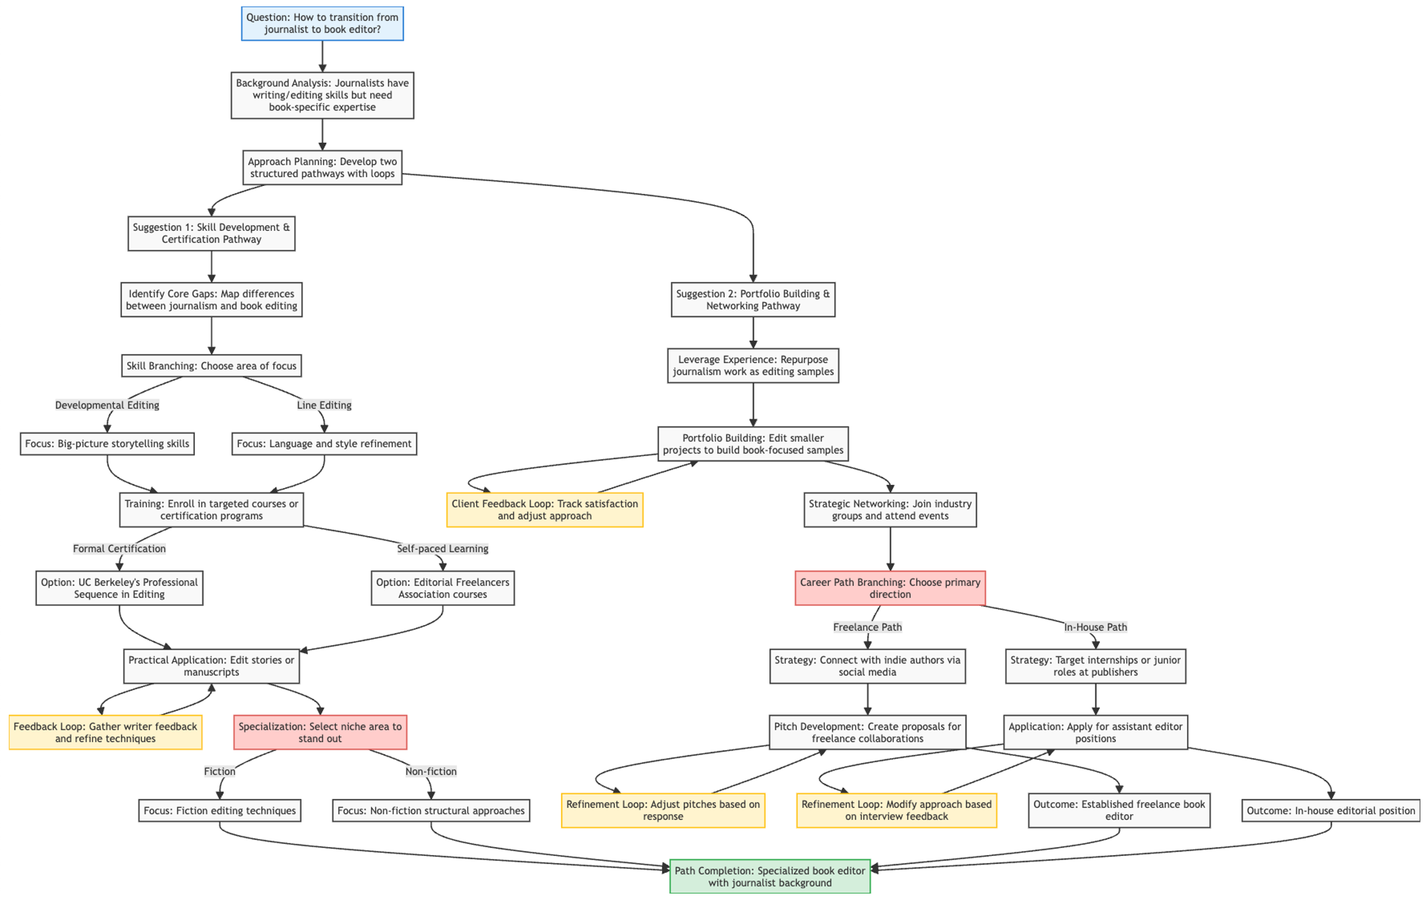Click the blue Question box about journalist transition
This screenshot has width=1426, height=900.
322,24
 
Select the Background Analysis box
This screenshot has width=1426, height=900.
322,95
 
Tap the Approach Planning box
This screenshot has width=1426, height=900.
322,167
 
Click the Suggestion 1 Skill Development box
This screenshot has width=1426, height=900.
211,233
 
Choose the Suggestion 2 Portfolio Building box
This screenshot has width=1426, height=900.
752,300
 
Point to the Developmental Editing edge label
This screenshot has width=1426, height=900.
107,405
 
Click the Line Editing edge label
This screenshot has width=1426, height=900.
324,405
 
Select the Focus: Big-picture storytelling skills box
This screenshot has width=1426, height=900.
107,443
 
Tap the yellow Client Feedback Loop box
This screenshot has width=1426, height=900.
544,510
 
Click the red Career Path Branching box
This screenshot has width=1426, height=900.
890,588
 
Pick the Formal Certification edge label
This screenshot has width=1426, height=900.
119,548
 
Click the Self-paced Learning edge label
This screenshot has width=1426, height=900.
442,548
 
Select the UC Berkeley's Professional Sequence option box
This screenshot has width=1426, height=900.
119,588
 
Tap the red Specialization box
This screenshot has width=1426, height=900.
320,733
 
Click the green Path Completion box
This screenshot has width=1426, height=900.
770,876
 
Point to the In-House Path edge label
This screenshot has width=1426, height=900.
1095,627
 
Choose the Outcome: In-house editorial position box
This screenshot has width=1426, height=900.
1331,810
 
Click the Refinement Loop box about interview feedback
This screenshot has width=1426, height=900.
896,810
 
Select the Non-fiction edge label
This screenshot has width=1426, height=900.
430,771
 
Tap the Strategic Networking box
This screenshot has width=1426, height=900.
890,510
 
